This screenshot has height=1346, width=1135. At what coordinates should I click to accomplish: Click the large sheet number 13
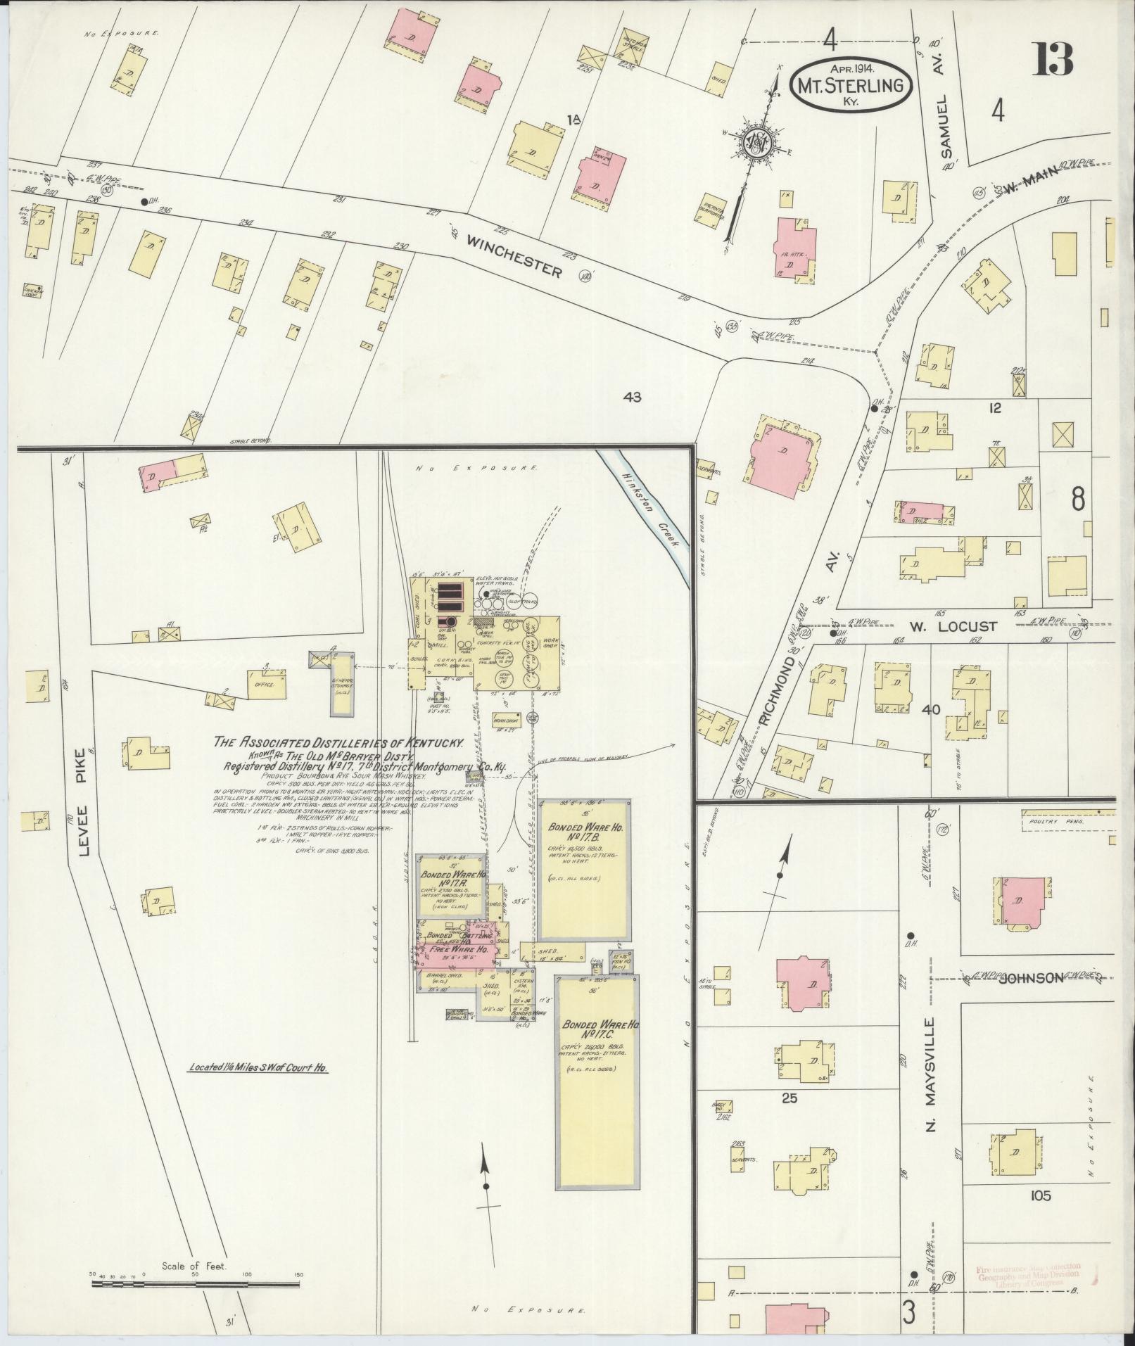(x=1053, y=59)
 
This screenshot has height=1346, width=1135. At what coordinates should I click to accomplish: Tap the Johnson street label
(x=1030, y=977)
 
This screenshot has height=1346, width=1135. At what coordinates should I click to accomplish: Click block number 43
(x=632, y=398)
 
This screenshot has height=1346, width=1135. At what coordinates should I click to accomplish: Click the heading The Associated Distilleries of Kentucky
(x=339, y=742)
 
